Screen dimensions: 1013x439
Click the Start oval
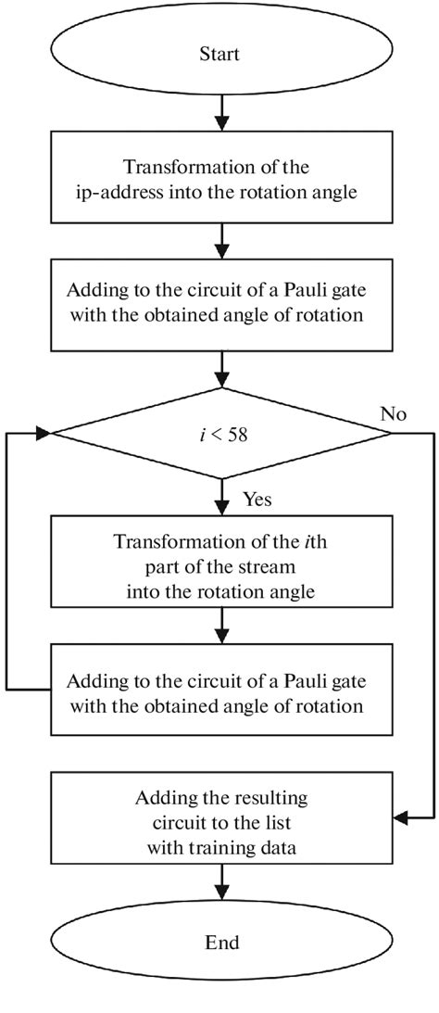coord(219,55)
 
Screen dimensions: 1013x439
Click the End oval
coord(219,943)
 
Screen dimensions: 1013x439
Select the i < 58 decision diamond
coord(219,433)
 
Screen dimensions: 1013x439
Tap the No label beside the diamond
coord(394,413)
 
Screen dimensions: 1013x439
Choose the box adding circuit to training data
coord(219,818)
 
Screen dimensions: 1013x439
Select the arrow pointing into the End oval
coord(219,883)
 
